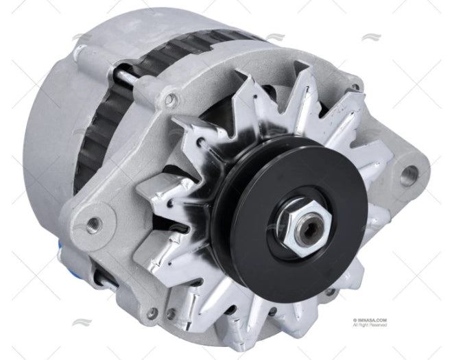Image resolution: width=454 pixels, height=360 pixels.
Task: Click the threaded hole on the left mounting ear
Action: click(91, 221)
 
